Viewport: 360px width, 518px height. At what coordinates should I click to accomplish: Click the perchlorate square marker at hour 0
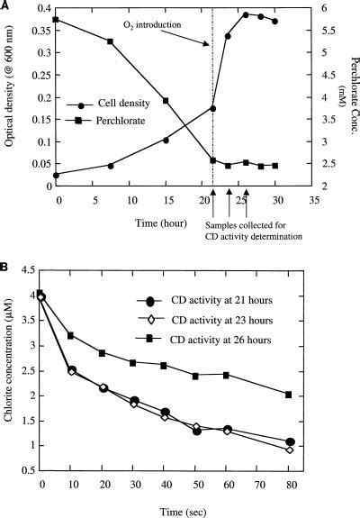[x=56, y=20]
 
